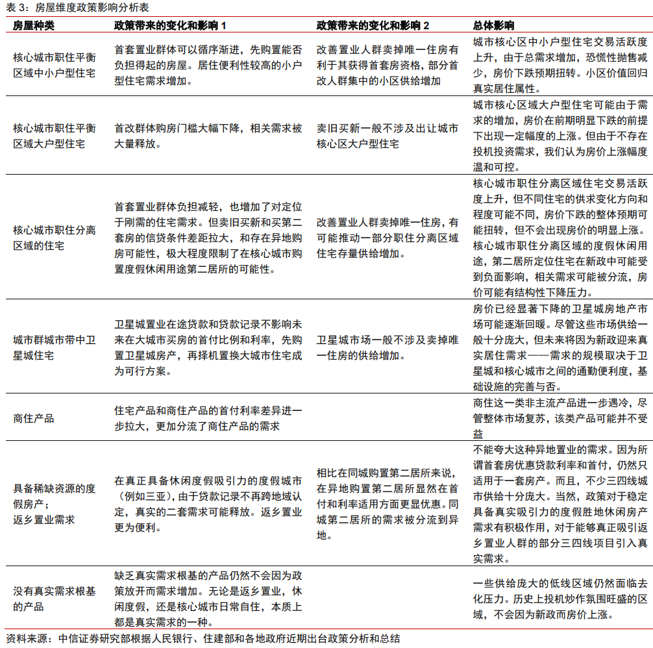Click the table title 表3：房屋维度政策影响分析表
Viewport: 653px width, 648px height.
[76, 7]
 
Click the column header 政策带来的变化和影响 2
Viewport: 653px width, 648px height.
[373, 25]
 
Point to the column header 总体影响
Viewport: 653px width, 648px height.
[494, 25]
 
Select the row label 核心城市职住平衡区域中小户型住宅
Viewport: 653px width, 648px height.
[54, 65]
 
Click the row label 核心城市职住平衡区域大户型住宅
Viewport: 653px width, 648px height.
[54, 136]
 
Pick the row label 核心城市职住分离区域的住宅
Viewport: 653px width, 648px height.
[54, 238]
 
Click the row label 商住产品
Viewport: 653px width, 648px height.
[34, 417]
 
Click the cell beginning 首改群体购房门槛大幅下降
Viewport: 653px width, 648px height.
[208, 136]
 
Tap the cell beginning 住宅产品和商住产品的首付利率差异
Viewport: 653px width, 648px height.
[208, 417]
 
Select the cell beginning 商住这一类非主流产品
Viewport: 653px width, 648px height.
[560, 417]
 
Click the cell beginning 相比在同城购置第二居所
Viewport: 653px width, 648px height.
[387, 504]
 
